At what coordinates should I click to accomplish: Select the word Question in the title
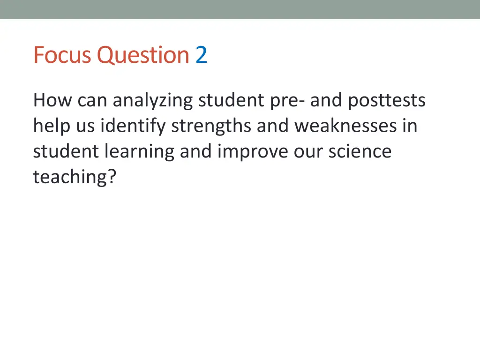(x=143, y=55)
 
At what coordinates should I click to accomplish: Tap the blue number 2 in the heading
(x=201, y=55)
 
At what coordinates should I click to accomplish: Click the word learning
(x=140, y=152)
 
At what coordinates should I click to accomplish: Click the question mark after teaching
(x=111, y=177)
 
